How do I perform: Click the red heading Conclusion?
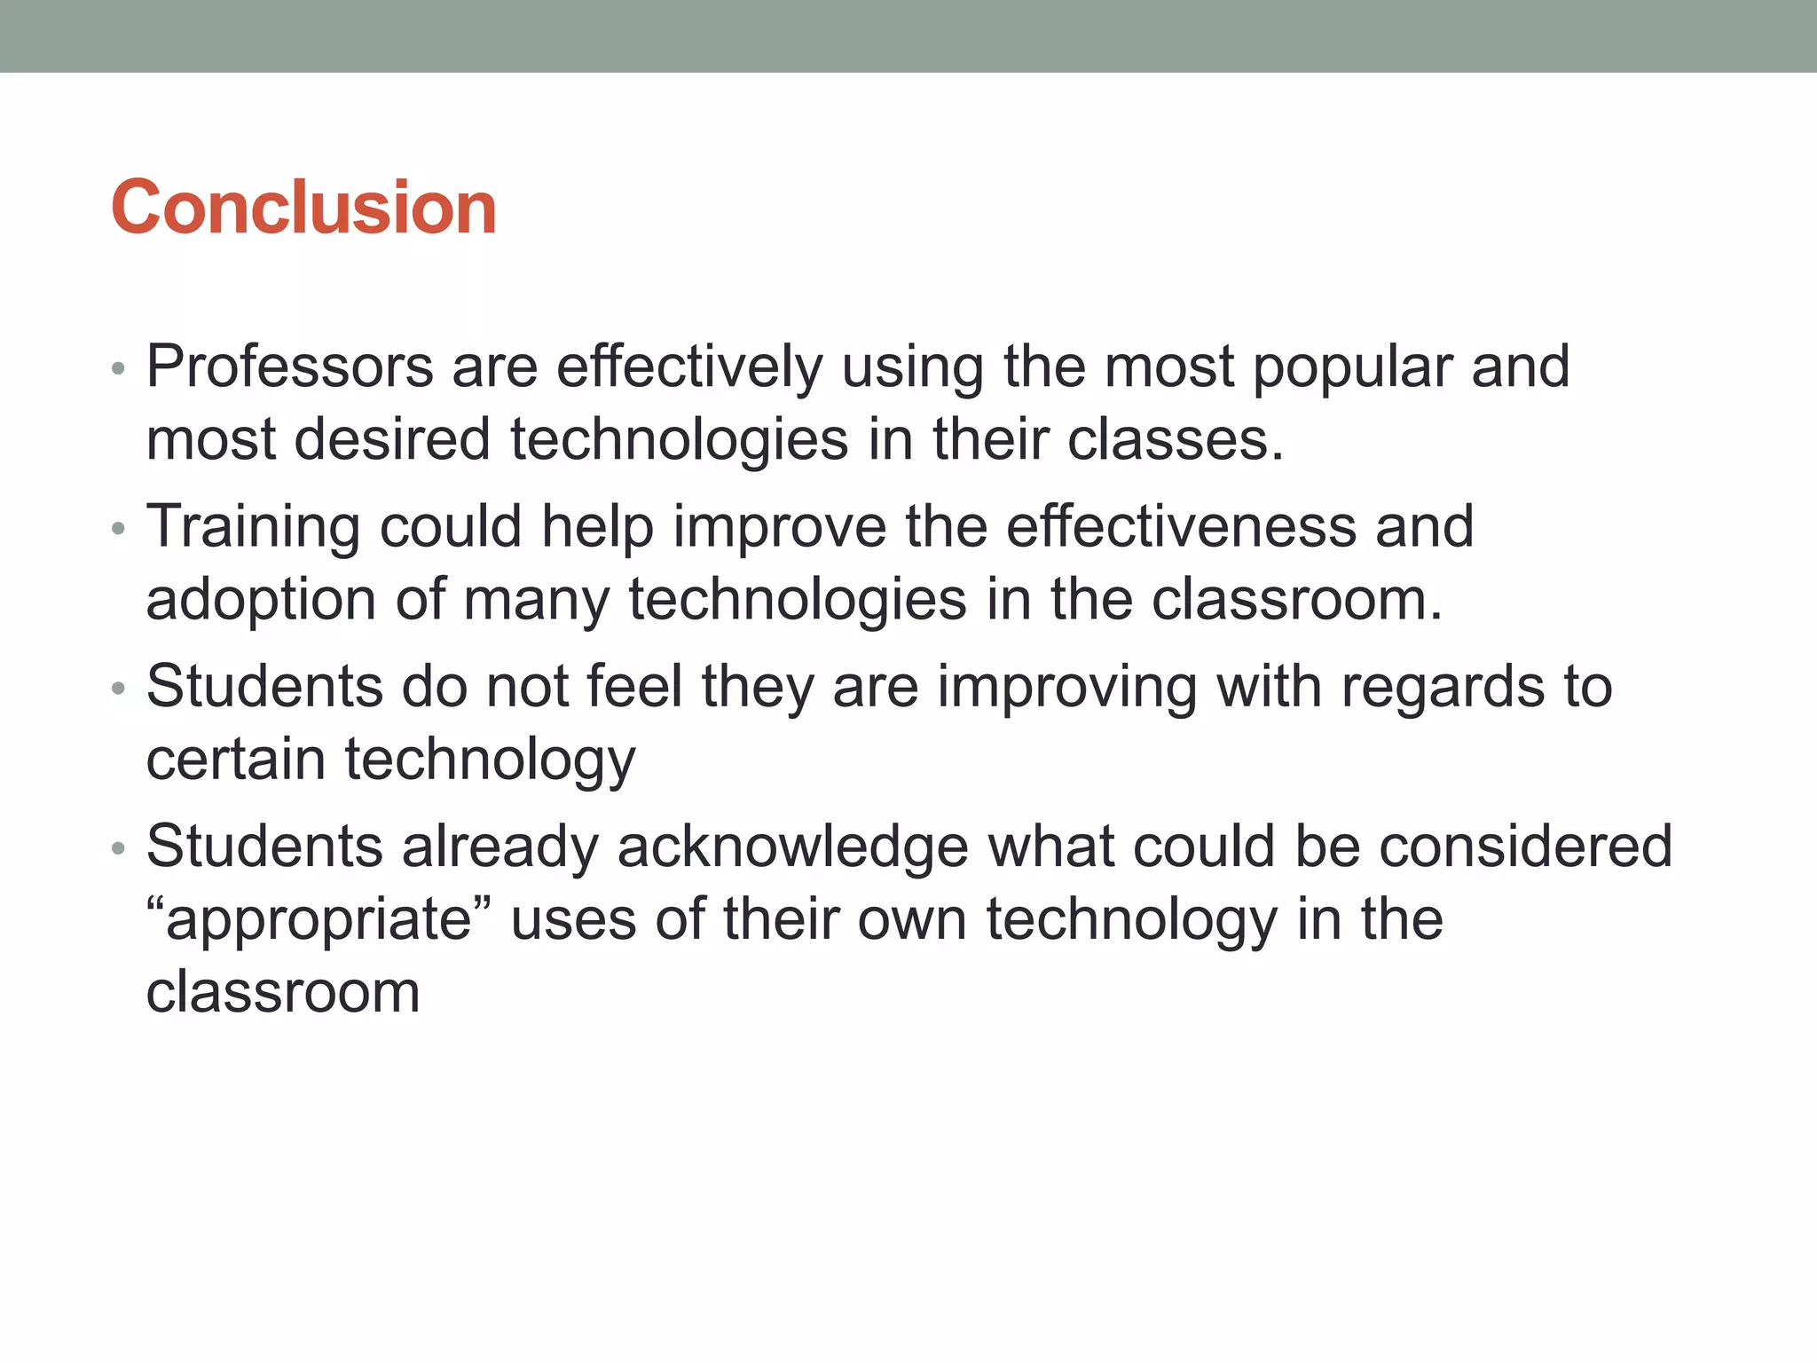303,208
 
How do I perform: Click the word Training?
253,527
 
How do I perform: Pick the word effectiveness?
1182,526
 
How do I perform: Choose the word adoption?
261,601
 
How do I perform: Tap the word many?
536,601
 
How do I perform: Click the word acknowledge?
792,847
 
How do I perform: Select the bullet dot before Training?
119,529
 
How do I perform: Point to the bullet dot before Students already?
119,848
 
